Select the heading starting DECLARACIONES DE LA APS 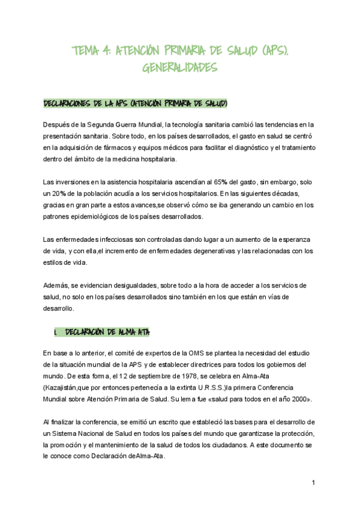(x=136, y=104)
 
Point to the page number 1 (x=313, y=483)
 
